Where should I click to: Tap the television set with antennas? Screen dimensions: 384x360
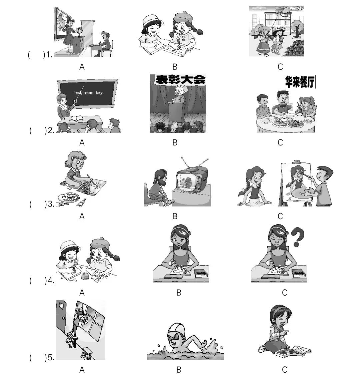click(x=191, y=179)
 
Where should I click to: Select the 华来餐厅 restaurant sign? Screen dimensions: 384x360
click(x=299, y=81)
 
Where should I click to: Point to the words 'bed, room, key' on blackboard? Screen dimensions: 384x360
click(x=88, y=93)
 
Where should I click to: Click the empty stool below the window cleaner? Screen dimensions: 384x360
click(x=86, y=353)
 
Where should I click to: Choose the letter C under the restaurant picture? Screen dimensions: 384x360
click(x=280, y=142)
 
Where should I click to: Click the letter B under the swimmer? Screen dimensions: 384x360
click(x=179, y=370)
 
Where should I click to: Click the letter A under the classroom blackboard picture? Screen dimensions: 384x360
click(x=82, y=142)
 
